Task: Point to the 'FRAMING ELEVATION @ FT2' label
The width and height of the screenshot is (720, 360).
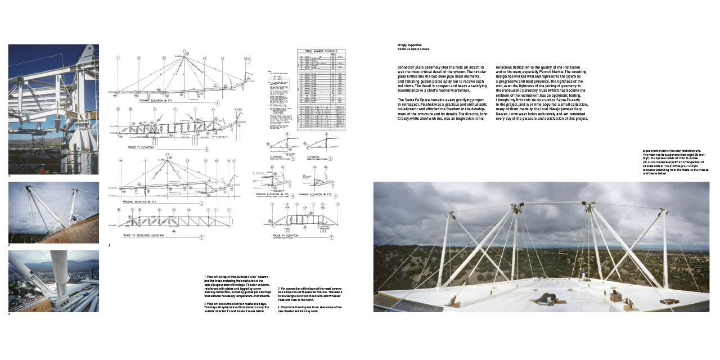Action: (139, 201)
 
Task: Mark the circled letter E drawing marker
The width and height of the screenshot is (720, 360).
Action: (201, 237)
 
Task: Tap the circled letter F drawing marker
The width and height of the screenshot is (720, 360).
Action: (332, 237)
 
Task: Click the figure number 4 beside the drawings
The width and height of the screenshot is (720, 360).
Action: (109, 245)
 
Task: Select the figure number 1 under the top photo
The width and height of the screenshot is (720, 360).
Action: (9, 177)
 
